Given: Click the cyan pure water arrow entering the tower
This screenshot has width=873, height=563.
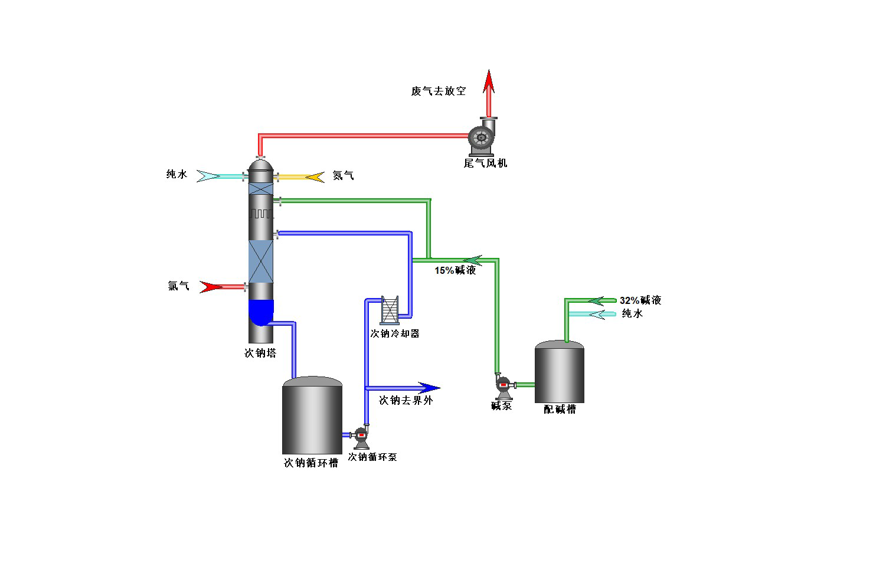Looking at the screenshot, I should coord(209,176).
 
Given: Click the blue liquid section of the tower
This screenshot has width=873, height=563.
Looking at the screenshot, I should coord(261,312).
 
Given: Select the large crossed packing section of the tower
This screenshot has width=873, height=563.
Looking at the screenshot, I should coord(261,261).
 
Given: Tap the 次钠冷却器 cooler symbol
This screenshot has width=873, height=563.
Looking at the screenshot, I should coord(390,310).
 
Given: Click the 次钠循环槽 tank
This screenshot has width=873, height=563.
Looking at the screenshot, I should coord(312,416).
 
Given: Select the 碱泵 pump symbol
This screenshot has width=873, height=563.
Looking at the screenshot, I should coord(503,387).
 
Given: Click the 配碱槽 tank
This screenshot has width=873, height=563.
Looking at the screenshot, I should coord(559,373).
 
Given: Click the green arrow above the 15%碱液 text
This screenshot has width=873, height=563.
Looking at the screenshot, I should coord(472,260).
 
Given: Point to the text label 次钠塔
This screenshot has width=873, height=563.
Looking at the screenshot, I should coord(260,353).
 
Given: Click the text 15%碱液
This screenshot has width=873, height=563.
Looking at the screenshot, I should coord(455,270).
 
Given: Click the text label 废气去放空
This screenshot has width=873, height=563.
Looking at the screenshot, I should coord(439,91).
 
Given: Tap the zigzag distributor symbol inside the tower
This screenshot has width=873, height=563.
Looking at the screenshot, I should coord(261,214).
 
